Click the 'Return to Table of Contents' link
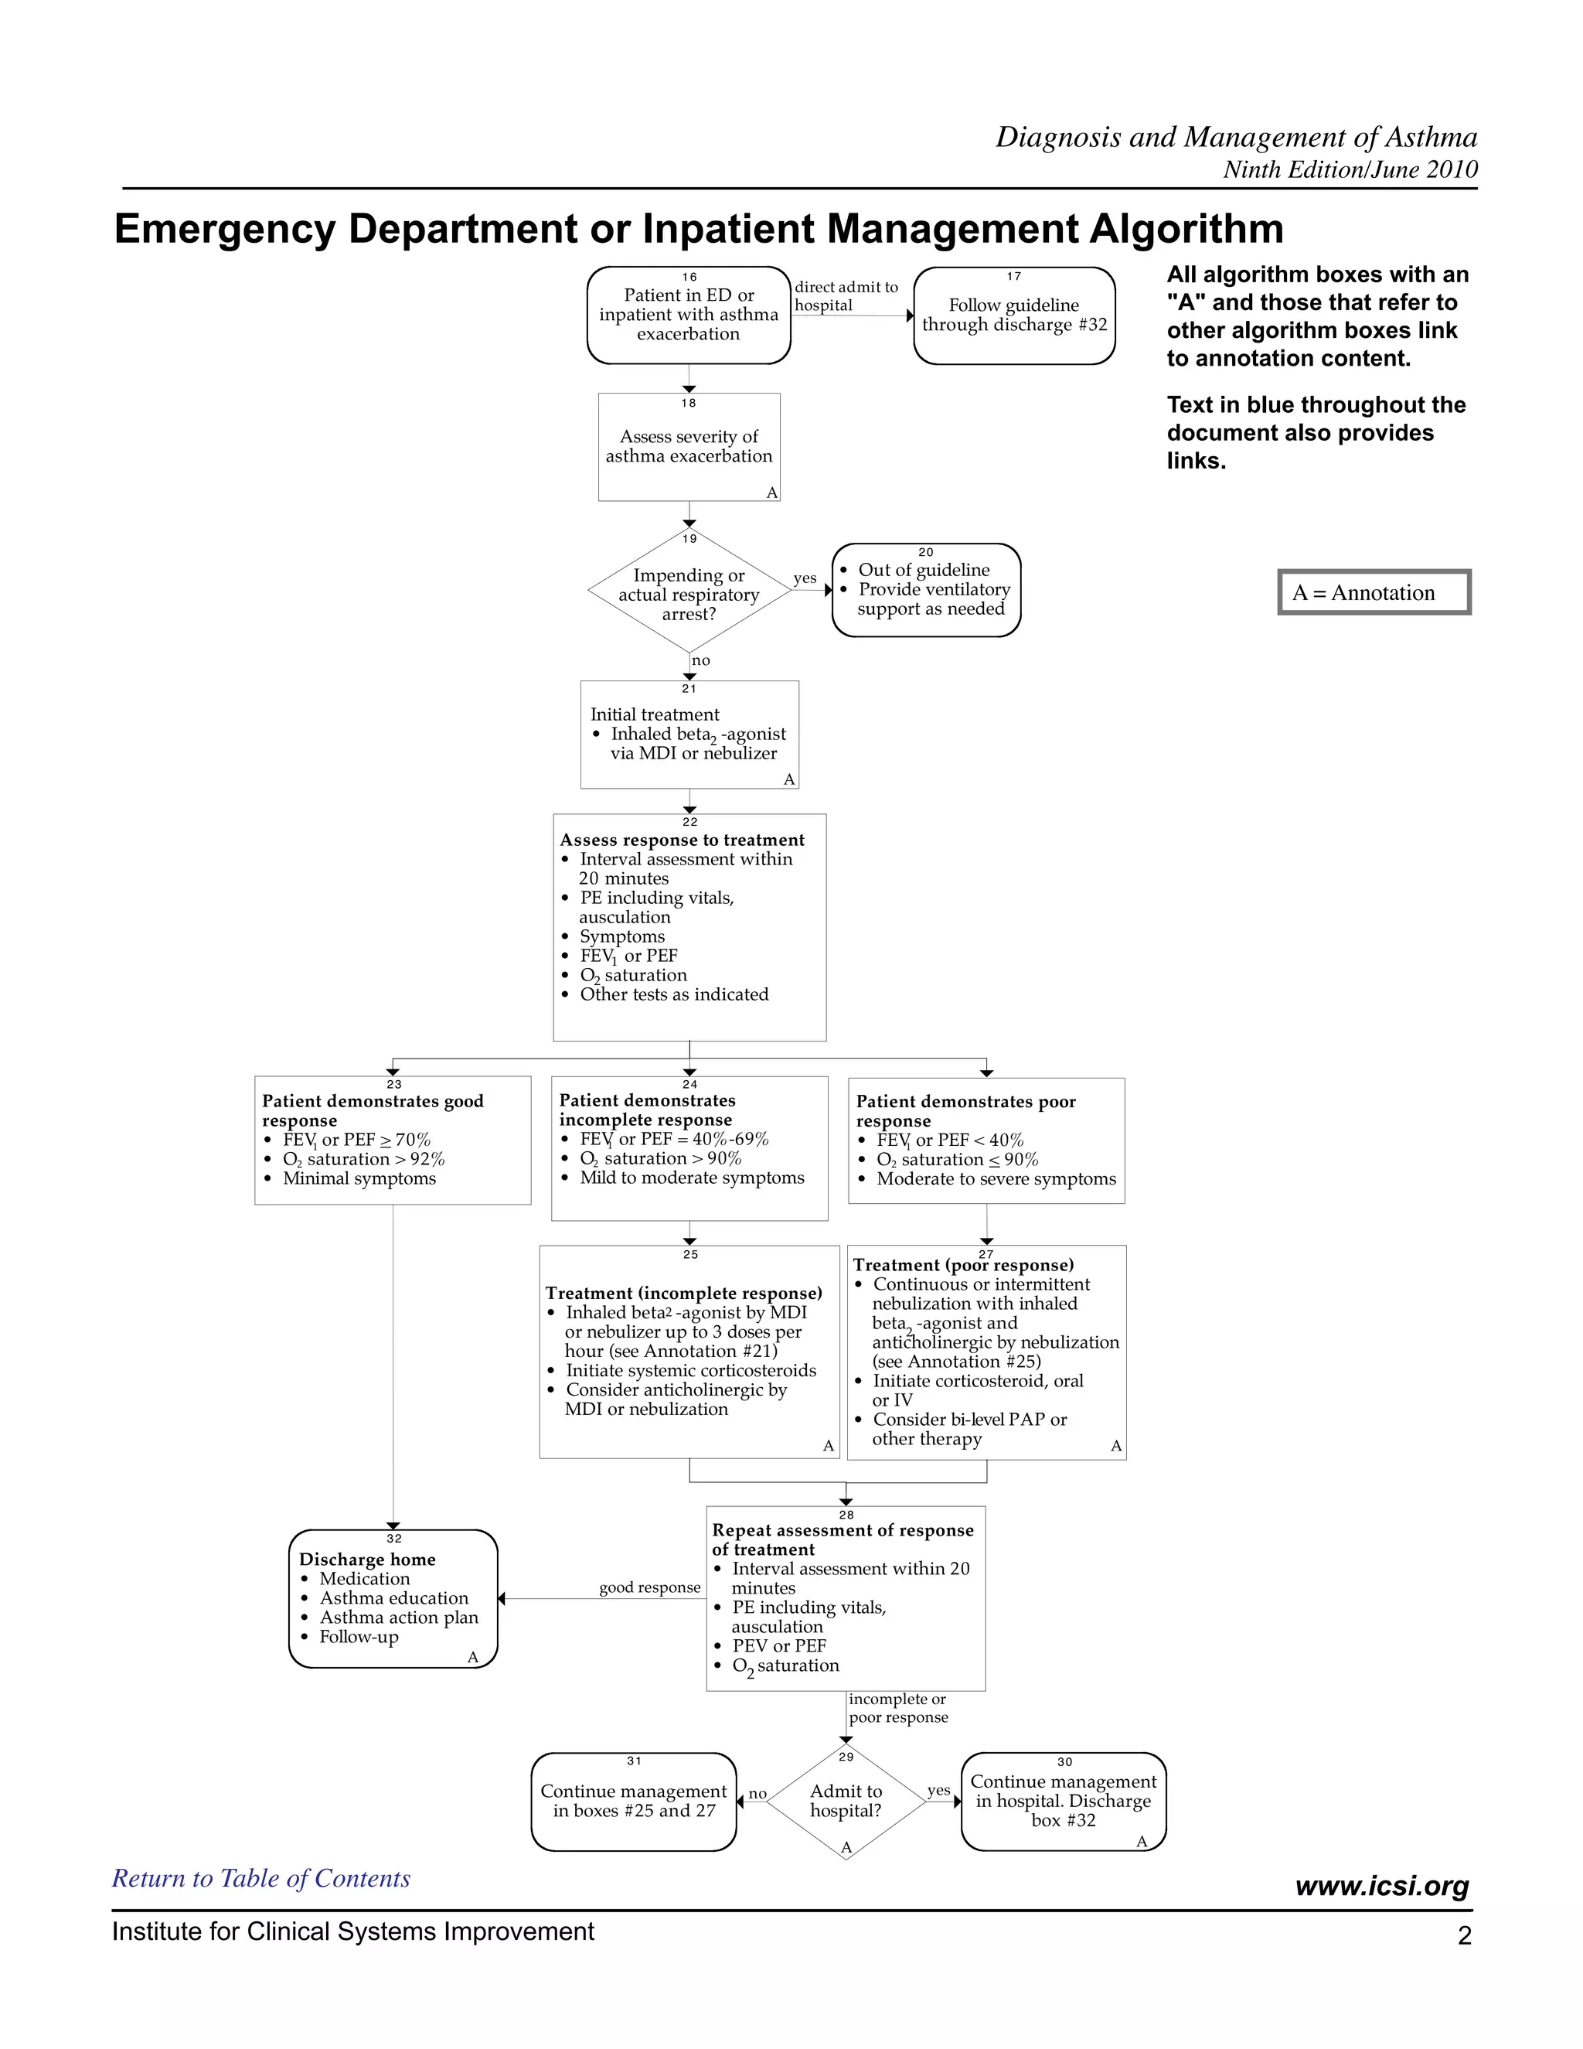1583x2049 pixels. click(x=260, y=1878)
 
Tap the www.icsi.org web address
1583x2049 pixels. click(x=1381, y=1886)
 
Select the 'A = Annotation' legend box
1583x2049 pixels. click(x=1374, y=593)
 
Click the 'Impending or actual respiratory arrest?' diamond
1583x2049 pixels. click(x=689, y=594)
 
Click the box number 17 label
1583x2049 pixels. click(x=1014, y=277)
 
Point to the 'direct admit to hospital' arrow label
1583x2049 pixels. click(x=846, y=295)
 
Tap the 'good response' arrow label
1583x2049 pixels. click(x=650, y=1587)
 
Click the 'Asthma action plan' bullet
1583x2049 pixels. click(x=399, y=1618)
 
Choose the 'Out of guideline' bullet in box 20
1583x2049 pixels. click(x=924, y=570)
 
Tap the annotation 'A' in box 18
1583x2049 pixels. click(x=772, y=493)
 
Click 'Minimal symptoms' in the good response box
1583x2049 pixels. click(x=359, y=1178)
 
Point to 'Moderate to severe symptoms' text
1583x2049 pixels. click(x=996, y=1179)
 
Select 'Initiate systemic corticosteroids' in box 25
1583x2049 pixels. click(x=690, y=1371)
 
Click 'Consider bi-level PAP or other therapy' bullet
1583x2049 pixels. click(x=969, y=1429)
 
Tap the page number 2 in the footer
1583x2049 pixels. click(x=1464, y=1935)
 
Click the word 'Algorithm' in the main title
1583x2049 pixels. click(x=1186, y=229)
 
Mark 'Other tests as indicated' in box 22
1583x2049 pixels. click(x=673, y=994)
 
